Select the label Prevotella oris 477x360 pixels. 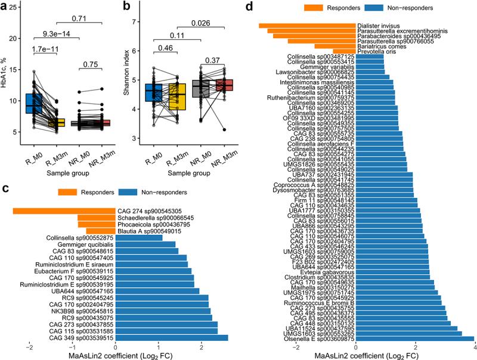pos(379,51)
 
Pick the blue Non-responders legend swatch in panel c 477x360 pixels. pos(128,193)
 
